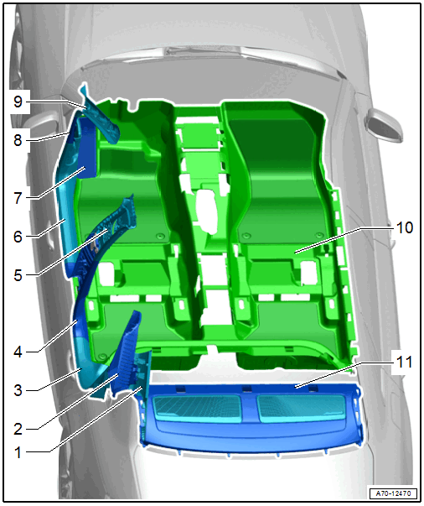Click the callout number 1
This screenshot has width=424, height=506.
18,452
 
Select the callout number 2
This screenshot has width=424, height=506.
18,429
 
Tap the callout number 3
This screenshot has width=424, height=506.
18,390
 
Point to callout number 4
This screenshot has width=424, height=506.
18,352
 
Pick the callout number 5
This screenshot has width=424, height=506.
18,275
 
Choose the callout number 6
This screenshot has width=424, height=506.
18,237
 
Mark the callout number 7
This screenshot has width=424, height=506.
18,198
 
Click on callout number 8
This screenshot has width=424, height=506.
18,140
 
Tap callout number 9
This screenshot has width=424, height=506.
18,102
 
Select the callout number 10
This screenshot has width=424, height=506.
405,227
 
